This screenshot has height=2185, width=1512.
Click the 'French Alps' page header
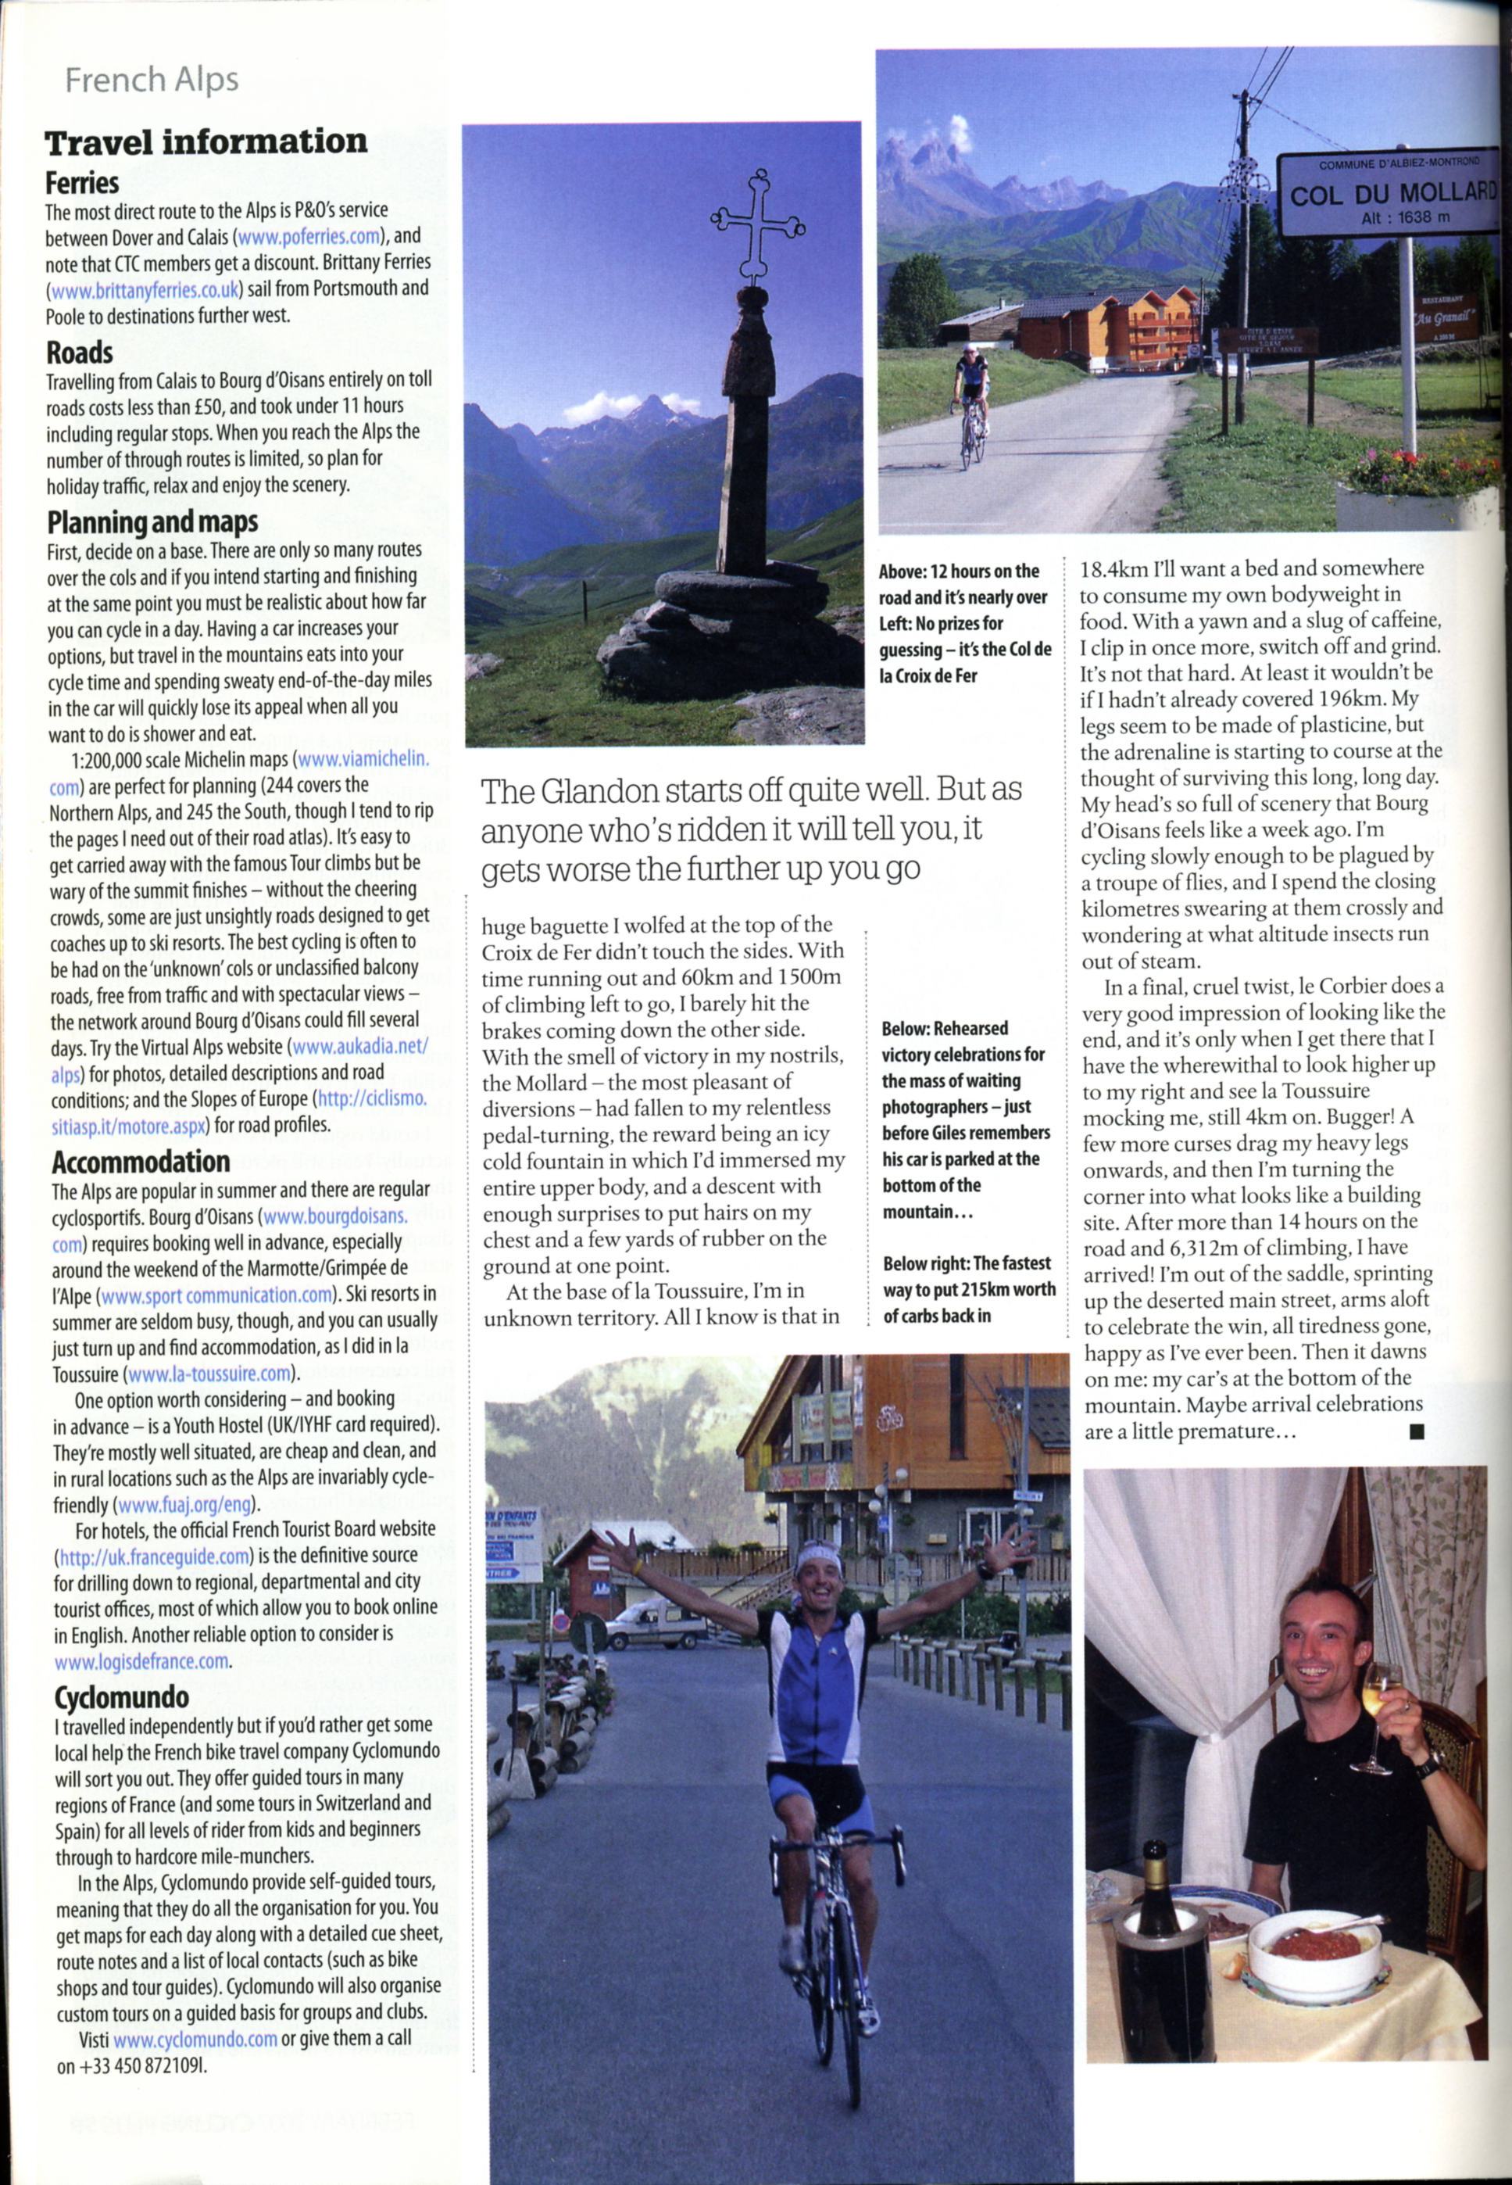[151, 81]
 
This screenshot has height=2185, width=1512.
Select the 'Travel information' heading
[206, 142]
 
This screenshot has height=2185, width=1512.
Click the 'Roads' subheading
[80, 353]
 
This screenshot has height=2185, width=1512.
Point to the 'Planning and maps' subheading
[152, 522]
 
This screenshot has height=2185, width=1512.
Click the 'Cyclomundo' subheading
[121, 1697]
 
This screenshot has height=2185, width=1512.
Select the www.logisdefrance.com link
[142, 1661]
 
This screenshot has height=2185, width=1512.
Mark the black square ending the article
[1417, 1433]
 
